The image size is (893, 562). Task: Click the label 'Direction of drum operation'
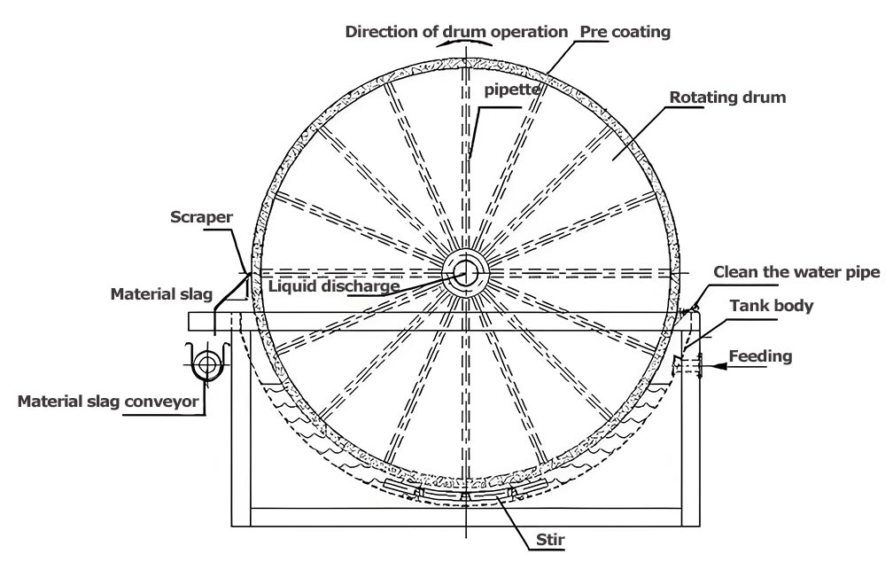coord(456,31)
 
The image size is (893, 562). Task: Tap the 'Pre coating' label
coord(625,31)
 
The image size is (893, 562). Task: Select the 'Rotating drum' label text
coord(727,98)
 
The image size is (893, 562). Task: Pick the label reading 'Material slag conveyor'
coord(108,402)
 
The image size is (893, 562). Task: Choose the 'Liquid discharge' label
coord(333,285)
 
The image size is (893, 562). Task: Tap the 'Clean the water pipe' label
coord(796,272)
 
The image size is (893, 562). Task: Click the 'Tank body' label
coord(771,306)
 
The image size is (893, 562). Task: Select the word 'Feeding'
coord(760,356)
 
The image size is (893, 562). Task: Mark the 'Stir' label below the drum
coord(551,539)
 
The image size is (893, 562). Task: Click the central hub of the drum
coord(464,271)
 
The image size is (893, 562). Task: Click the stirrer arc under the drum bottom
coord(463,493)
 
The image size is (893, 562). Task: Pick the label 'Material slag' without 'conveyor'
coord(158,293)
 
